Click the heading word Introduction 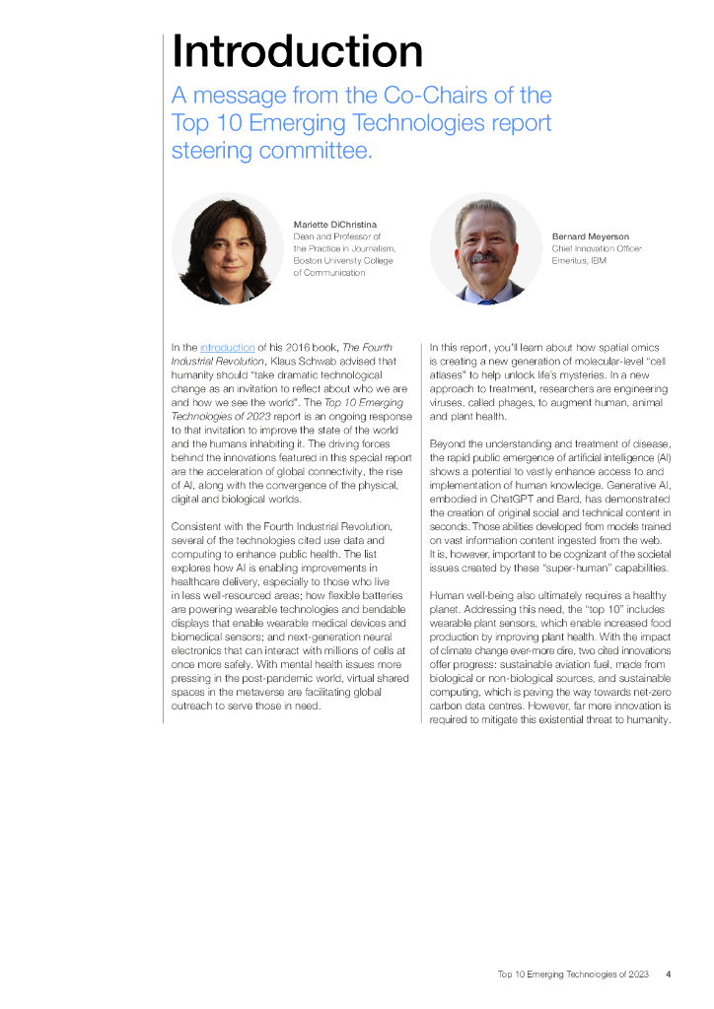point(297,50)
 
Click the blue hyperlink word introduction point(227,347)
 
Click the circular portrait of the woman point(228,248)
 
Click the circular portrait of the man point(485,248)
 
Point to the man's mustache point(484,258)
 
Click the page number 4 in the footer point(669,975)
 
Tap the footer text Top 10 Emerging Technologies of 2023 point(573,975)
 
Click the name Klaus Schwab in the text point(300,361)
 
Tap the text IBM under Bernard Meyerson point(599,260)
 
